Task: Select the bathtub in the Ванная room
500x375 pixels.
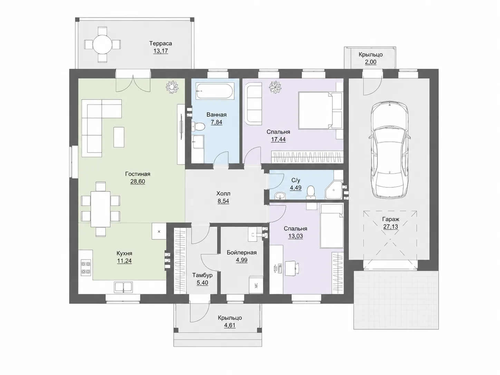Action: (x=214, y=91)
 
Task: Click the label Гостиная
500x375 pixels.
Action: (x=137, y=174)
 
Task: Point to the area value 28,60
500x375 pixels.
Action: (x=137, y=182)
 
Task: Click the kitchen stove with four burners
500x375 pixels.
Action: (x=86, y=268)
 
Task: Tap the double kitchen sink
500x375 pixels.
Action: (x=123, y=287)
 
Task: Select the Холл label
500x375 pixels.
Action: (x=223, y=194)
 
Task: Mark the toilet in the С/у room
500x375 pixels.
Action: (x=311, y=192)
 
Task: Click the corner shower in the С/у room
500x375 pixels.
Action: (x=334, y=190)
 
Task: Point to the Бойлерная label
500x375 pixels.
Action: (x=242, y=253)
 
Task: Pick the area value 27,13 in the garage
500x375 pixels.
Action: (x=391, y=227)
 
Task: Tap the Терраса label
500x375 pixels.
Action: (x=161, y=44)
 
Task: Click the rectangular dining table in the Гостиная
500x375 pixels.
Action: (x=100, y=209)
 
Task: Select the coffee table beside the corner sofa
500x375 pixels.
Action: (x=119, y=137)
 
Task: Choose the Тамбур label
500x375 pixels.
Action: (x=202, y=275)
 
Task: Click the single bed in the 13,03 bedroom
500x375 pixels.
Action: (x=331, y=226)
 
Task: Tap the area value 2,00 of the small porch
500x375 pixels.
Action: (x=371, y=62)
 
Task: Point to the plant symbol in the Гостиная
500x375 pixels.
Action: (x=172, y=87)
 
